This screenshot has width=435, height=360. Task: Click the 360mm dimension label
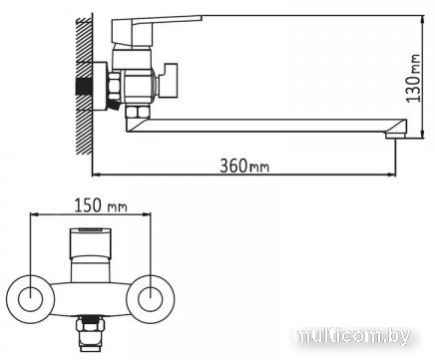coord(244,166)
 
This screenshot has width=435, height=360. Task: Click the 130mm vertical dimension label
coord(414,78)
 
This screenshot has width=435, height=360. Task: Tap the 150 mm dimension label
coord(101,205)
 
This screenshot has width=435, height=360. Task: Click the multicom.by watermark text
coord(353,336)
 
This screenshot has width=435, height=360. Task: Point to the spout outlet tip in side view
coord(395,136)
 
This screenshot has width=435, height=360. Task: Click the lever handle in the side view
coord(157,31)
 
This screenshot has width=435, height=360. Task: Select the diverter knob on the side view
coord(168,81)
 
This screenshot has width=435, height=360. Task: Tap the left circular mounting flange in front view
coord(31,298)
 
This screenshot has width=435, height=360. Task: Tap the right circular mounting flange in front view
coord(151,298)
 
